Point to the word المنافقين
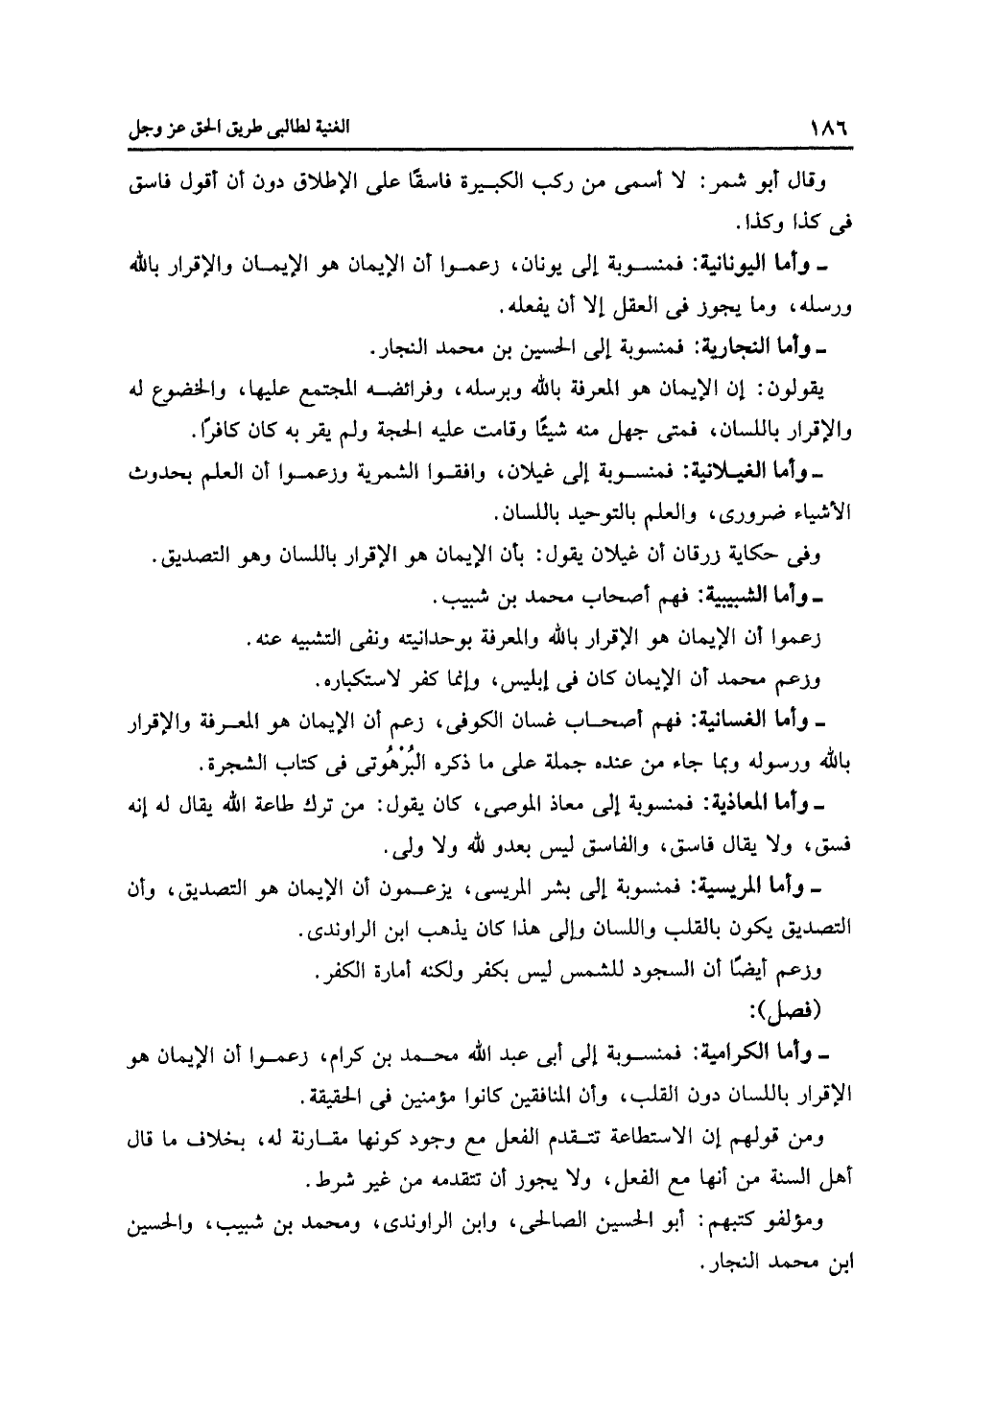click(x=449, y=1095)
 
